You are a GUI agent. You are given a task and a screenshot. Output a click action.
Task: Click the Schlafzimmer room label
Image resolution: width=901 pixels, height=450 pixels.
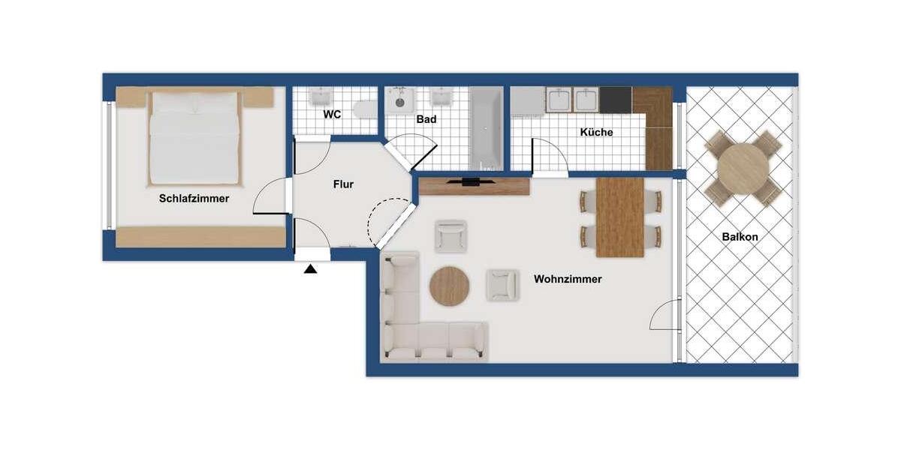click(x=194, y=199)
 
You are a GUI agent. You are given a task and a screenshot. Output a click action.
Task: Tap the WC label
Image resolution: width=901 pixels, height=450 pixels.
click(x=332, y=115)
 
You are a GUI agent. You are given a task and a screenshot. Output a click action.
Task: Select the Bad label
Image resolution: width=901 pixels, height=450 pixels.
click(x=426, y=119)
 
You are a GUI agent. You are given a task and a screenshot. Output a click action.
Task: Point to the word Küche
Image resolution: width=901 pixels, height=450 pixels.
click(x=596, y=132)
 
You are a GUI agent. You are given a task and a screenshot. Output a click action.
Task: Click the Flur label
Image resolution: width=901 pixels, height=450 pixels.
click(x=342, y=184)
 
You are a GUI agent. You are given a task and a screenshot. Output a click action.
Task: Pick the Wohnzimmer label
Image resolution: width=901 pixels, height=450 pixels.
click(x=568, y=279)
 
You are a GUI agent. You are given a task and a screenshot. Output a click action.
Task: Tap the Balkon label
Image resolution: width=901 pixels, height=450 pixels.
click(x=740, y=237)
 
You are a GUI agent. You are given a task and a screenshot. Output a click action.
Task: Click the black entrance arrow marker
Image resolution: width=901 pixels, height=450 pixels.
click(x=310, y=268)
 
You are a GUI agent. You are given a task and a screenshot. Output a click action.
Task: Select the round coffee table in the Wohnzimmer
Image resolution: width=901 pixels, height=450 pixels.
click(x=449, y=286)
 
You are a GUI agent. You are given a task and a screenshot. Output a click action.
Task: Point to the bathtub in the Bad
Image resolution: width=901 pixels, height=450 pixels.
click(x=487, y=127)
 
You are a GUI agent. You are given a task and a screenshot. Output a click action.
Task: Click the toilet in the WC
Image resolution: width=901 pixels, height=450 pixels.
click(x=366, y=110)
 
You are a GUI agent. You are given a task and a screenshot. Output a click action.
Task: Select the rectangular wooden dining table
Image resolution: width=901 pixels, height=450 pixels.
click(x=620, y=217)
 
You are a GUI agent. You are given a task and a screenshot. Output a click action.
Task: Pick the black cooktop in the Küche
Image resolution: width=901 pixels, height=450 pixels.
click(x=616, y=100)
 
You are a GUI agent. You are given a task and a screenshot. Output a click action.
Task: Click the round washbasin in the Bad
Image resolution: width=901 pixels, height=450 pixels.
click(x=400, y=101)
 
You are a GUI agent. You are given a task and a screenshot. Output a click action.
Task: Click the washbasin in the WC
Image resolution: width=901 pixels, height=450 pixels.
click(x=321, y=97)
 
